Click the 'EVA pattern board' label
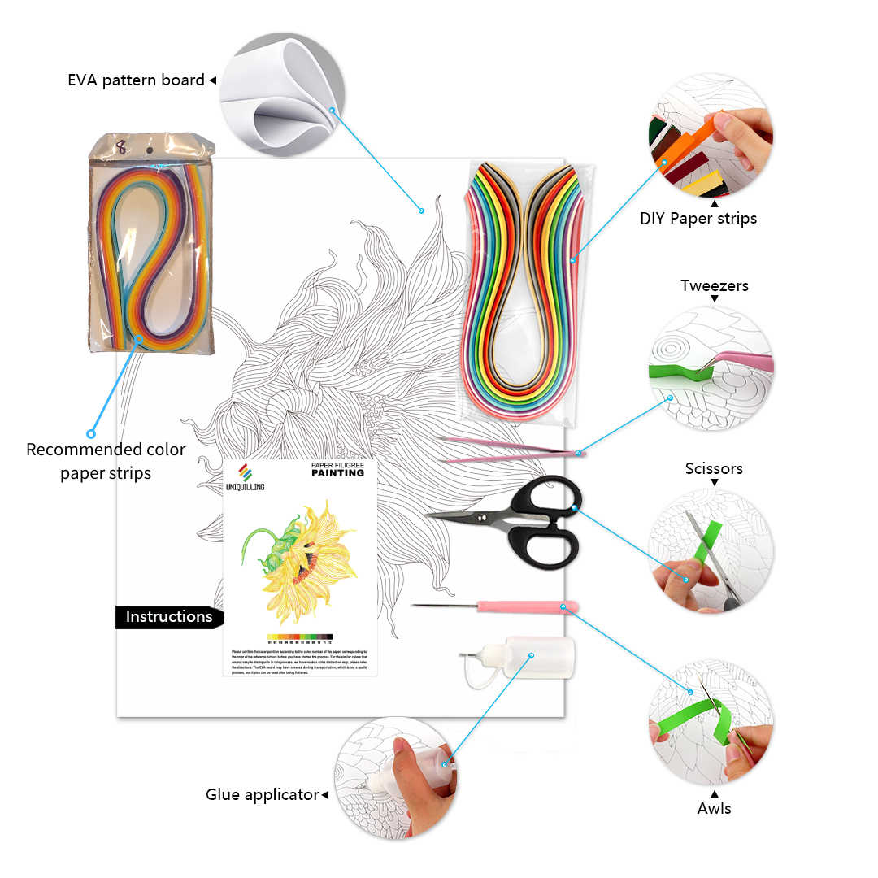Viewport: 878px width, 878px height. click(x=136, y=80)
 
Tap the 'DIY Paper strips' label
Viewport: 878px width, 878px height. click(x=698, y=218)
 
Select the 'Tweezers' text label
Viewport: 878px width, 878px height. click(x=715, y=285)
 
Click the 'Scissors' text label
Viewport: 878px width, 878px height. click(x=714, y=468)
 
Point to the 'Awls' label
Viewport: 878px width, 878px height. click(x=714, y=808)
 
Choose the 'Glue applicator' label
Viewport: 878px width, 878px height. click(x=262, y=794)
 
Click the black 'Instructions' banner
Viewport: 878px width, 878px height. click(x=168, y=617)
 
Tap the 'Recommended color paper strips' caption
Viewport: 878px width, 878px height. click(x=106, y=461)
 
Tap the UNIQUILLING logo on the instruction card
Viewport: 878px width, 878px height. click(x=245, y=477)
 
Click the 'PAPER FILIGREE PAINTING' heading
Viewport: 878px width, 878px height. click(x=337, y=469)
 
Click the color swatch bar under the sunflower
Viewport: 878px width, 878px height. click(x=299, y=637)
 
